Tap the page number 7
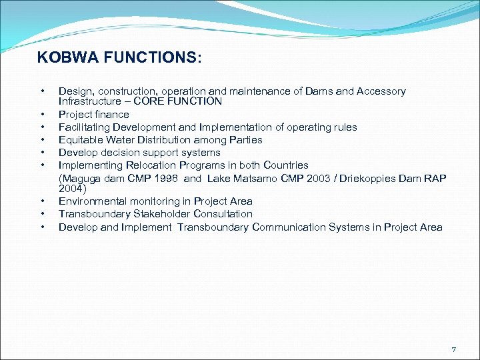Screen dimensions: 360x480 pyautogui.click(x=454, y=349)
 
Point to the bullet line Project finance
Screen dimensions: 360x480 pyautogui.click(x=93, y=115)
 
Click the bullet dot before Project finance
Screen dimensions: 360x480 pyautogui.click(x=42, y=115)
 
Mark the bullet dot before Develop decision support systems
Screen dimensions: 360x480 pyautogui.click(x=42, y=153)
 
